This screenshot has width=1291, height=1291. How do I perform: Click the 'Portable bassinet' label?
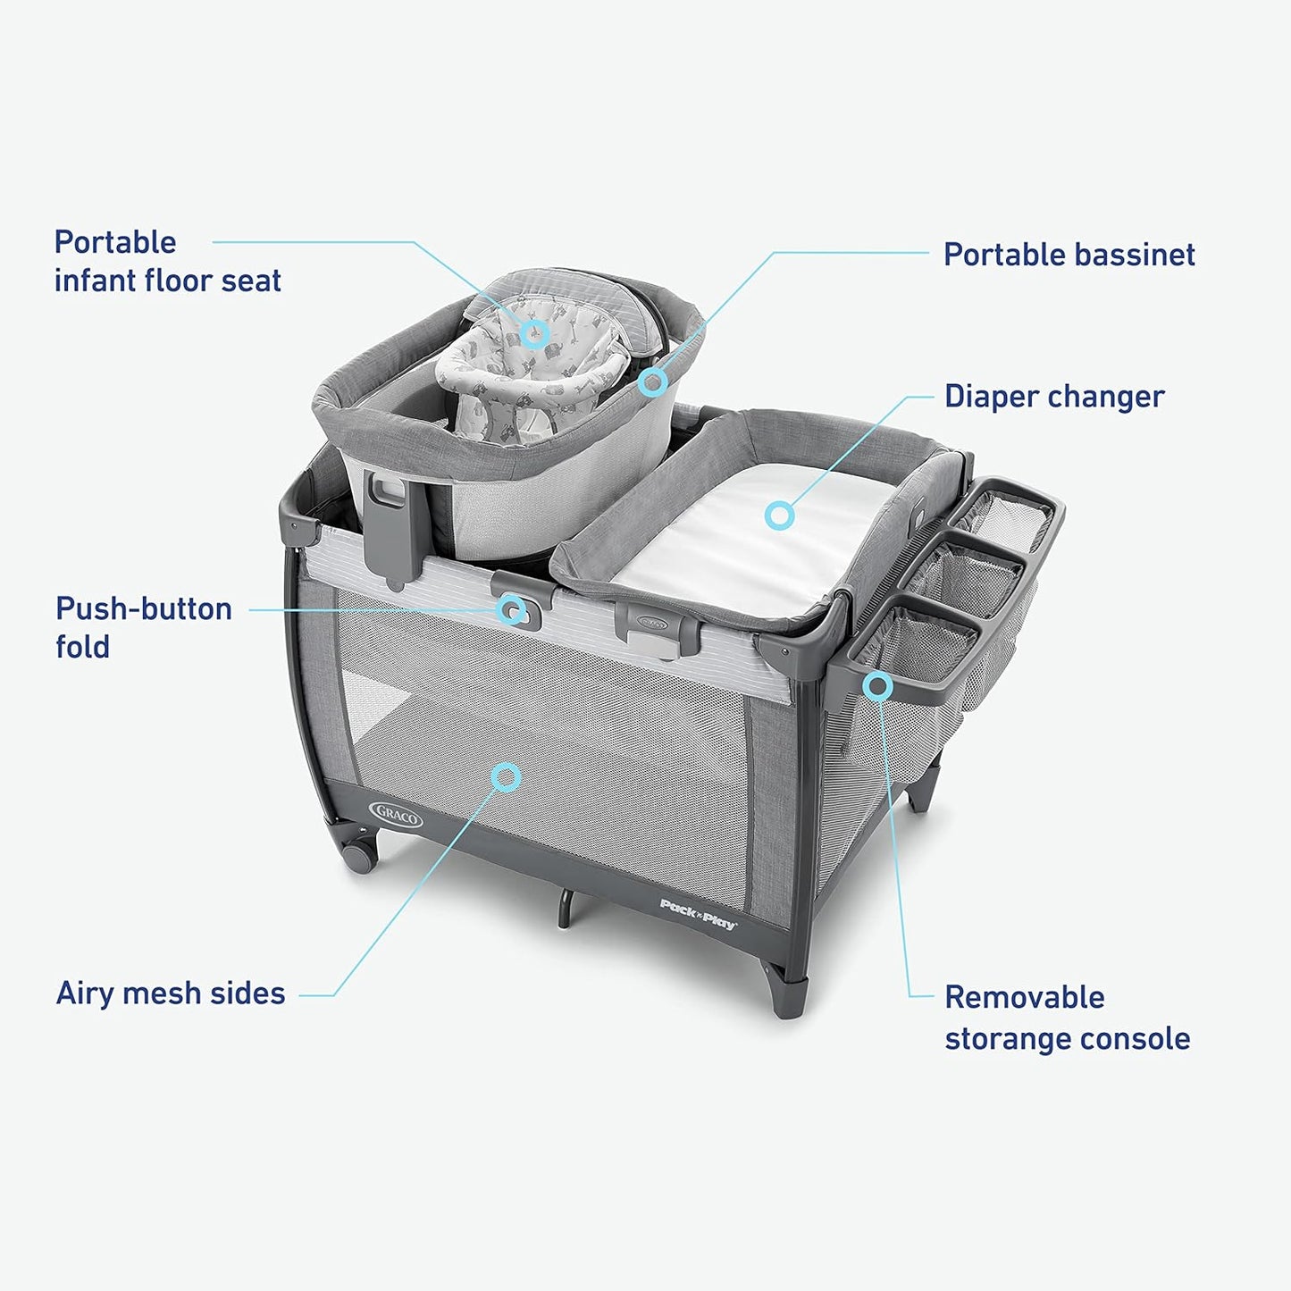(x=1069, y=255)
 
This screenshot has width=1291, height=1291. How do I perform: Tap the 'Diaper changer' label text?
(x=1054, y=397)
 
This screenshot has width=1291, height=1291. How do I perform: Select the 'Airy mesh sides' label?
(x=171, y=993)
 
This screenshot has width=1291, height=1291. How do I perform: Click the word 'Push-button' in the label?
(x=144, y=608)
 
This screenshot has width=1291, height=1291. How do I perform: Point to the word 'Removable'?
(x=1025, y=997)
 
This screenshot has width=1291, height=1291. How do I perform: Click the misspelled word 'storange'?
(x=1006, y=1040)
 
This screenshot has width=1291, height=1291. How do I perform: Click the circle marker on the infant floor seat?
(x=534, y=332)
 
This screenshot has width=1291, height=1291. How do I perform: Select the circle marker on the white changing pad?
(x=779, y=516)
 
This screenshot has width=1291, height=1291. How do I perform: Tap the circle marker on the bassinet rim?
(x=652, y=382)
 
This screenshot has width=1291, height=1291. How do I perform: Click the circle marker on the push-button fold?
(x=512, y=609)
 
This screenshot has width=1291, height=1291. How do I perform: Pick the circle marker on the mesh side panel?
(x=506, y=777)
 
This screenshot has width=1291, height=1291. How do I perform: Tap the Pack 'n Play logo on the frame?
(x=698, y=915)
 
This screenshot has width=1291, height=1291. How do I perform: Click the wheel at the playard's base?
(x=360, y=856)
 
